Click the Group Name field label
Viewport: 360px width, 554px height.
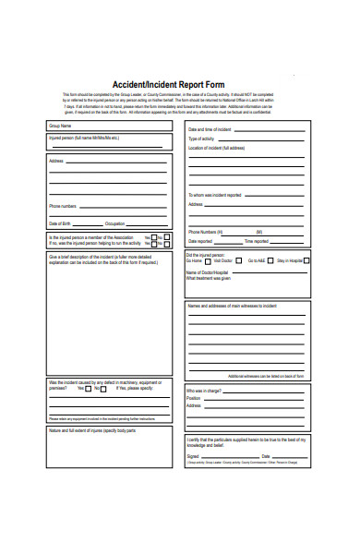61,126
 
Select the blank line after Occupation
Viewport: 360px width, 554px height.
148,224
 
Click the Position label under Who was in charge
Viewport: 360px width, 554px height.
195,398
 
